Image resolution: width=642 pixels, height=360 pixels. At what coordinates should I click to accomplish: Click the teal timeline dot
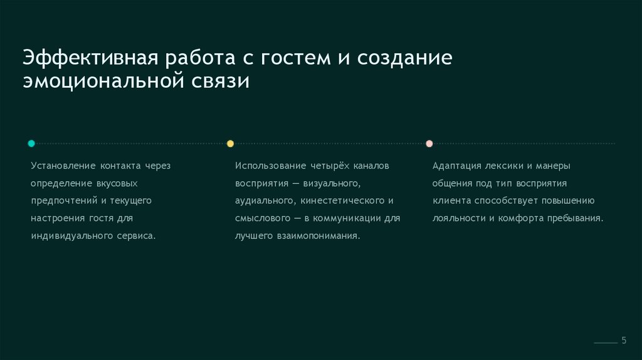coord(31,144)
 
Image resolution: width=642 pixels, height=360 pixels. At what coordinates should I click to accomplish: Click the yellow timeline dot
coord(230,144)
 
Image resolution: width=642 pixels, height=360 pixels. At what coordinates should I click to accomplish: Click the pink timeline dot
coord(429,144)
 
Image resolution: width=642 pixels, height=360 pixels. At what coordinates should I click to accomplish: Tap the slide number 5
coord(624,340)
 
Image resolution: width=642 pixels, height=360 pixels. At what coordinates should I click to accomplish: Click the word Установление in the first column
coord(61,166)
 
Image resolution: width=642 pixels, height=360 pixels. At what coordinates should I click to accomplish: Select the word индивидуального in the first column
coord(68,236)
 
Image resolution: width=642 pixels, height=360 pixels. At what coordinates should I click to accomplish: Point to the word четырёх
coord(329,166)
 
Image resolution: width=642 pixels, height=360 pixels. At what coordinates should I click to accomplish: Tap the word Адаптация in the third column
coord(456,166)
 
